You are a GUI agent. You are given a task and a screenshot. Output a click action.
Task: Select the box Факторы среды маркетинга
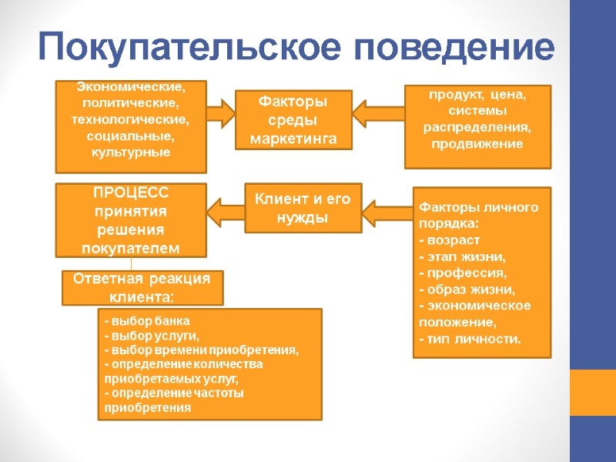[293, 120]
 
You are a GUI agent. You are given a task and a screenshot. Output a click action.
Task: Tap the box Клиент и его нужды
[303, 208]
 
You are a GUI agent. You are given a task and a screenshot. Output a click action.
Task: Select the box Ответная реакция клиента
[142, 287]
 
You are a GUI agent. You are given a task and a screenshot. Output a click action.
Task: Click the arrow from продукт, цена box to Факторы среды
[378, 114]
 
